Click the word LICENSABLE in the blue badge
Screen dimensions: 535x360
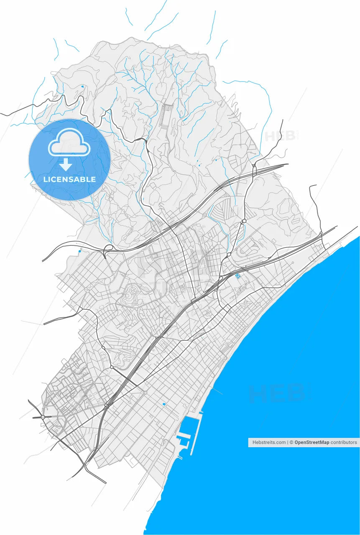tap(69, 179)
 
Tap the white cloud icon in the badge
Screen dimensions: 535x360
tap(69, 143)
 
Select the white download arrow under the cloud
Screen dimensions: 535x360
tap(66, 164)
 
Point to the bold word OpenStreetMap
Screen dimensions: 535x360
tap(312, 442)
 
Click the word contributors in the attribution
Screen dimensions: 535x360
tap(344, 442)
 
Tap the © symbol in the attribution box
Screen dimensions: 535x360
tap(291, 442)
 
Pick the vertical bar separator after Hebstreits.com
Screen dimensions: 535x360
tap(288, 442)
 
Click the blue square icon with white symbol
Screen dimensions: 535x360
tap(237, 275)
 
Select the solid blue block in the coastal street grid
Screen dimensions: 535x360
tap(164, 404)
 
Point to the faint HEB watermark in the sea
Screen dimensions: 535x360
tap(276, 393)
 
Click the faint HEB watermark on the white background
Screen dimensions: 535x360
tap(279, 137)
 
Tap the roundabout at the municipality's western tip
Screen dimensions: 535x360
tap(43, 417)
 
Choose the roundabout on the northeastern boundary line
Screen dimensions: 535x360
tap(321, 233)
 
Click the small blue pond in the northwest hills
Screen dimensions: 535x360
tap(82, 87)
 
